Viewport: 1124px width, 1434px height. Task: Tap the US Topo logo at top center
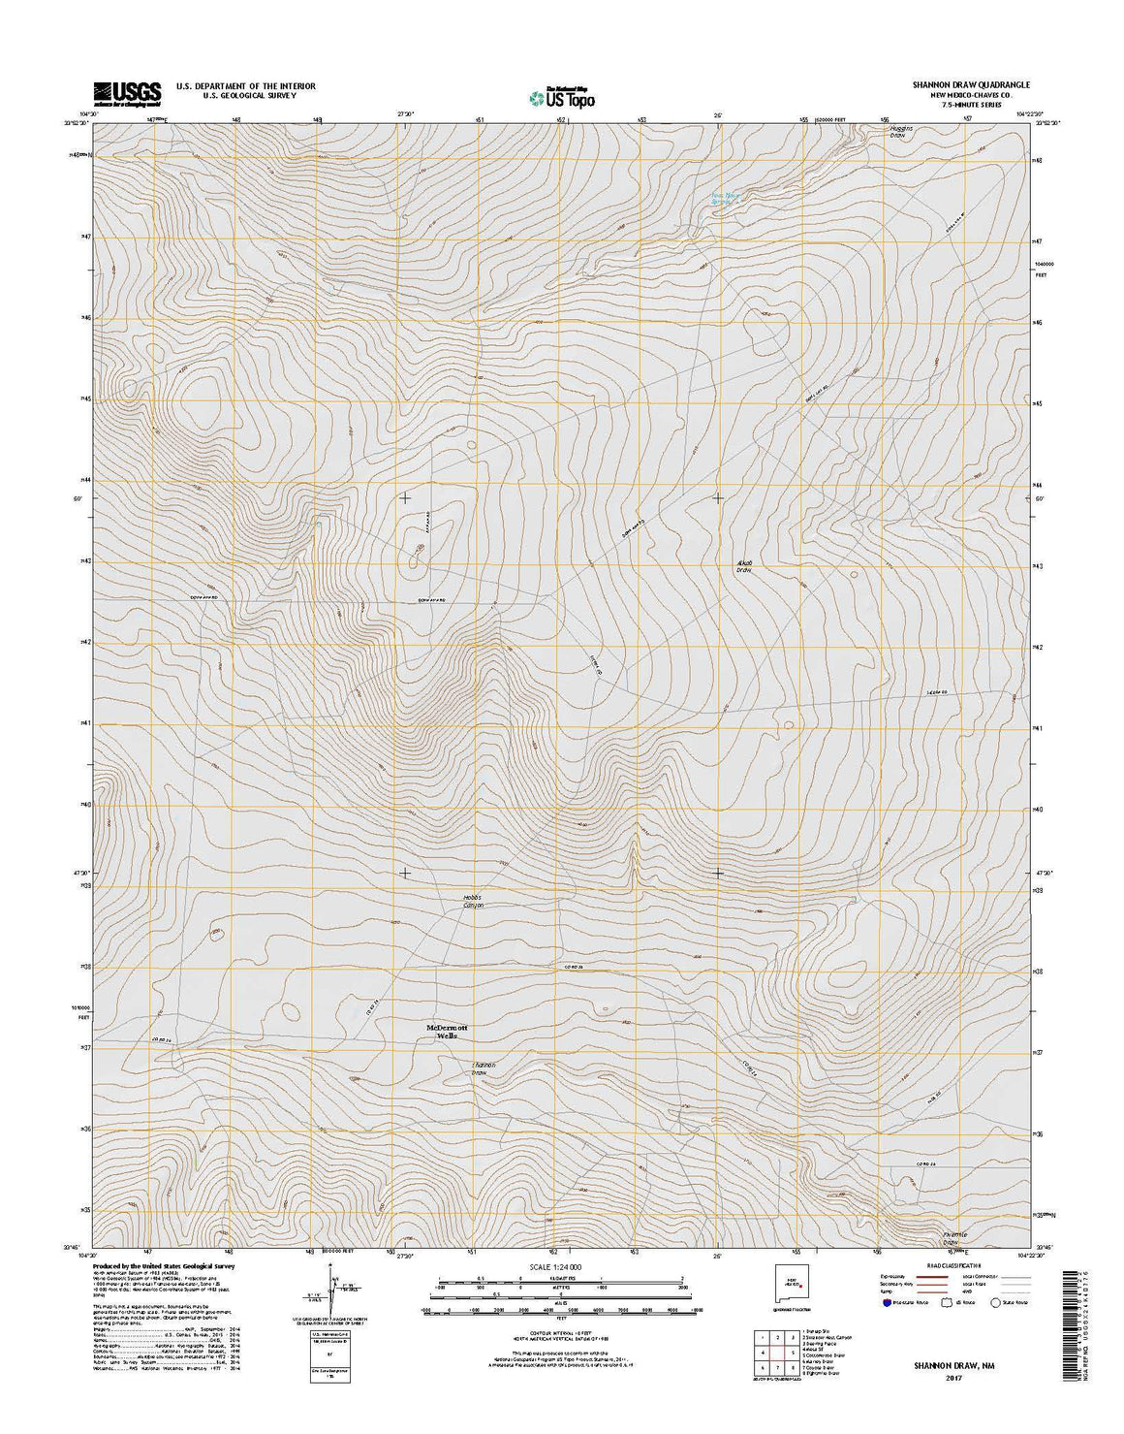pyautogui.click(x=561, y=96)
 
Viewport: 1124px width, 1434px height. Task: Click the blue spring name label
pyautogui.click(x=726, y=197)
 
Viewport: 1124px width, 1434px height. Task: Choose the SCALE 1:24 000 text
pyautogui.click(x=561, y=1266)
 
